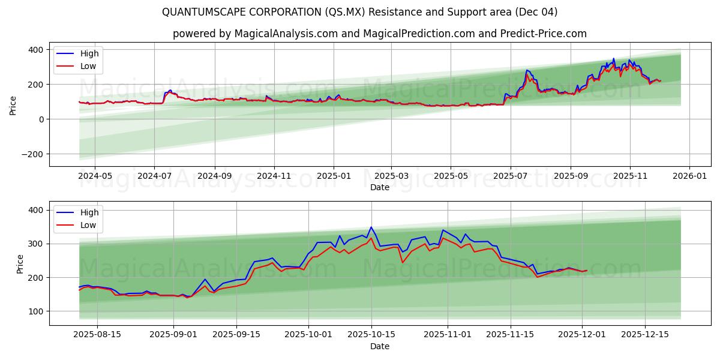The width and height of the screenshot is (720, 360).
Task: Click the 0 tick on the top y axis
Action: (x=41, y=119)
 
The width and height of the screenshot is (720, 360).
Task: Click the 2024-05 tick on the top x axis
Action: (x=95, y=177)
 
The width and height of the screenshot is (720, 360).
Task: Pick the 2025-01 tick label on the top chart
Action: (x=333, y=177)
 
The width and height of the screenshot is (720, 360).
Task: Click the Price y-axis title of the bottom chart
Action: (x=20, y=264)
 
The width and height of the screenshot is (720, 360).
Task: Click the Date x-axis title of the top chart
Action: (x=380, y=187)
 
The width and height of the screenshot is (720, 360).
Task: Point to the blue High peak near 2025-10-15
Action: (x=371, y=227)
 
